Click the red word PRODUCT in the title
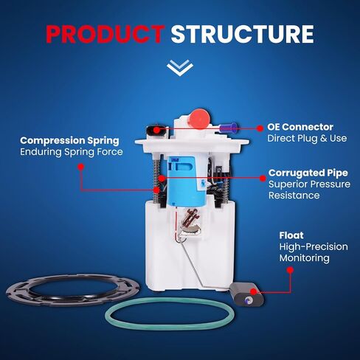pyautogui.click(x=105, y=34)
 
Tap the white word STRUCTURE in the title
pyautogui.click(x=243, y=34)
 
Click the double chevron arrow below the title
pyautogui.click(x=180, y=67)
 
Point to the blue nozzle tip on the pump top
pyautogui.click(x=228, y=128)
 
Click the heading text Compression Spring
pyautogui.click(x=69, y=141)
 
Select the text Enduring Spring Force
pyautogui.click(x=72, y=152)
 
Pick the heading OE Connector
pyautogui.click(x=300, y=127)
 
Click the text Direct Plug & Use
pyautogui.click(x=307, y=138)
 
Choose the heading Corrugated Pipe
pyautogui.click(x=308, y=173)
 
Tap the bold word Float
pyautogui.click(x=291, y=235)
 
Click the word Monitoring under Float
pyautogui.click(x=304, y=258)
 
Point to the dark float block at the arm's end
pyautogui.click(x=246, y=294)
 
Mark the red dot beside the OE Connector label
pyautogui.click(x=260, y=128)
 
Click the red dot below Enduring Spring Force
pyautogui.click(x=80, y=167)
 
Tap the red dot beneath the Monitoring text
pyautogui.click(x=290, y=270)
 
